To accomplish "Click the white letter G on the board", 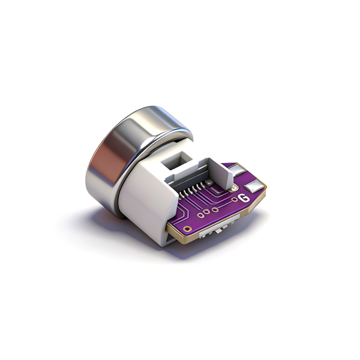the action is [244, 198].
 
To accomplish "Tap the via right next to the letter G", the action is [235, 200].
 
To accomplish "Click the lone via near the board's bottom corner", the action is [188, 229].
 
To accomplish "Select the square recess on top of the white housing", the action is [176, 160].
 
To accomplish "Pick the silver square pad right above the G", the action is [253, 186].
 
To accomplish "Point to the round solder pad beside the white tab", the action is [233, 189].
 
